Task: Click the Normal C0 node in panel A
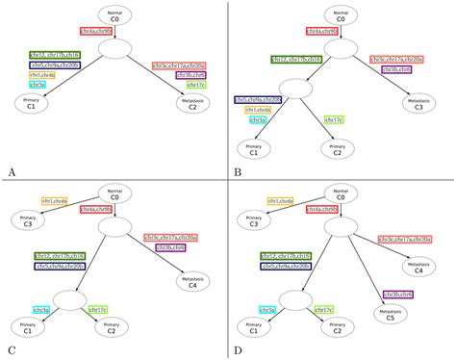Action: [x=114, y=15]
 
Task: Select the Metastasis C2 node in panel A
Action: [x=192, y=104]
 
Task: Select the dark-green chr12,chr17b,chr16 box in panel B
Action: [x=296, y=60]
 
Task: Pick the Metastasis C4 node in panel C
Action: [x=192, y=281]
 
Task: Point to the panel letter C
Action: [x=11, y=351]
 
